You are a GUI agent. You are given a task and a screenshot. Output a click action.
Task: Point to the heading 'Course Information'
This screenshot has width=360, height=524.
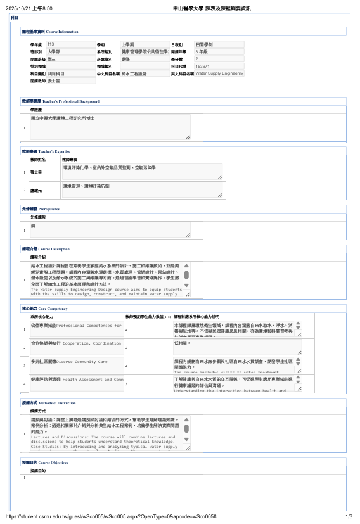tap(62, 31)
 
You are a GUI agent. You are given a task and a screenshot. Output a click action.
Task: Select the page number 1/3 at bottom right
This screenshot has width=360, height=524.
tap(349, 517)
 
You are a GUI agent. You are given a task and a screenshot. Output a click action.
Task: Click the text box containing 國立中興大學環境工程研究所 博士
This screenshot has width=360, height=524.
tap(110, 127)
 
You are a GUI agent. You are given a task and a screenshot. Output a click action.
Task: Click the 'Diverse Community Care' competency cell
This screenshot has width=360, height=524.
tap(76, 362)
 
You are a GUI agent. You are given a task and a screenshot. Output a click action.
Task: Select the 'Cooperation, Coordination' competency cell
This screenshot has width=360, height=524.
tap(76, 343)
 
